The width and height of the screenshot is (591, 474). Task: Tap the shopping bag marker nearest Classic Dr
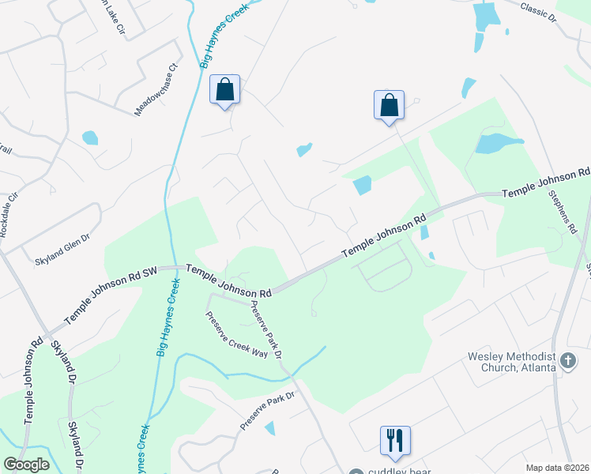390,105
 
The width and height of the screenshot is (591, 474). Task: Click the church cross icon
567,361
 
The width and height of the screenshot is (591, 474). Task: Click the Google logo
26,465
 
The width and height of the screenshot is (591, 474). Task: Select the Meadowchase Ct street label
157,90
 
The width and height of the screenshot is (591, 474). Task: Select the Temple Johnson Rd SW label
111,294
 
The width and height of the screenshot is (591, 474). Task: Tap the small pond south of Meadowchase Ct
90,137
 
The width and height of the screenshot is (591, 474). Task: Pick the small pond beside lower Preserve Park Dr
270,428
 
